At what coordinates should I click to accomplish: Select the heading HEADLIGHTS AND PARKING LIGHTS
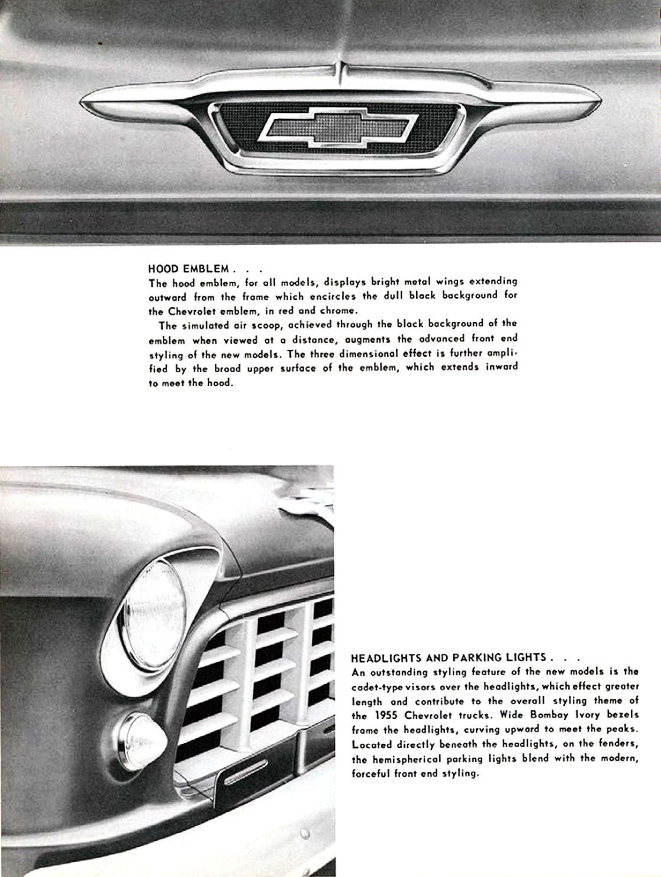448,657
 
